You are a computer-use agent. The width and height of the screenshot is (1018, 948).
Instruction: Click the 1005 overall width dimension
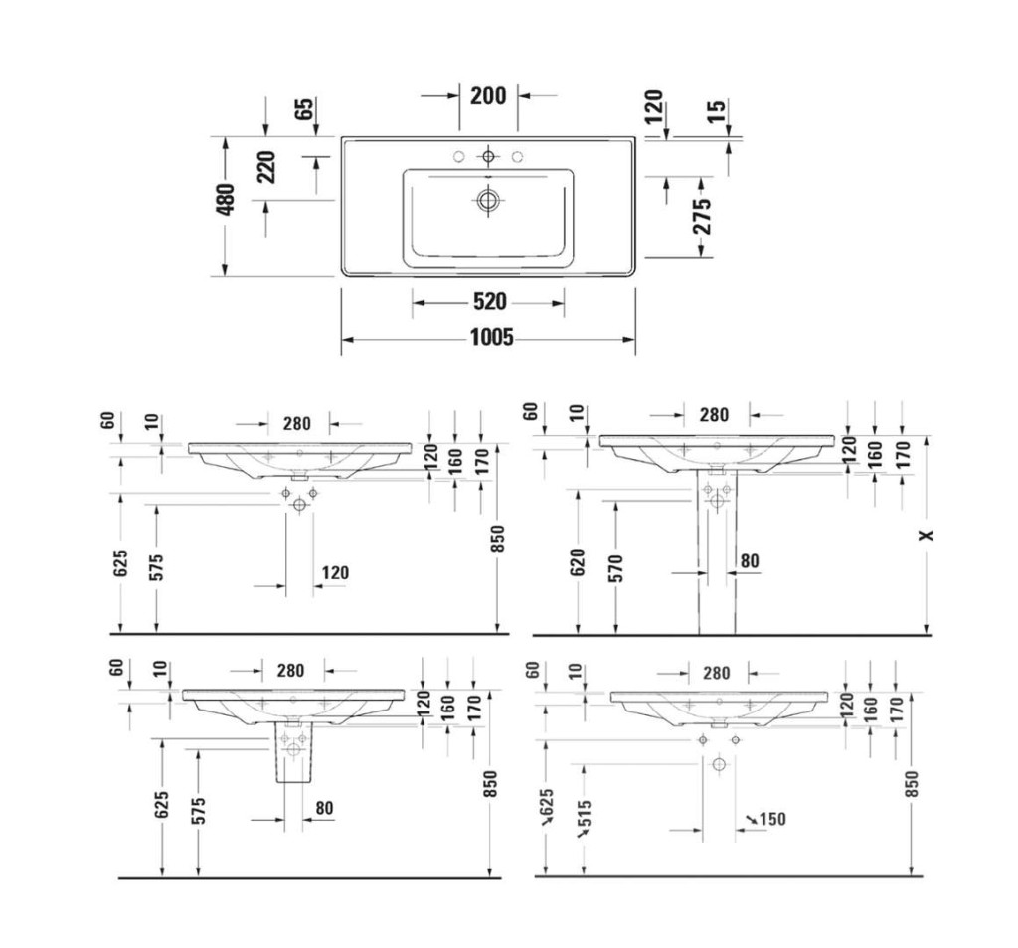tap(491, 338)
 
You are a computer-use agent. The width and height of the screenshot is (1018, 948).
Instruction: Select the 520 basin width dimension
tap(489, 302)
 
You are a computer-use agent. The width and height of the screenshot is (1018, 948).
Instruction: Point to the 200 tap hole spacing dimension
tap(488, 96)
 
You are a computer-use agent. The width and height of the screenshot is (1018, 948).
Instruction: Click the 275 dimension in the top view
tap(701, 215)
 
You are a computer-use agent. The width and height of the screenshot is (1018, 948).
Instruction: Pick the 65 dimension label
tap(304, 108)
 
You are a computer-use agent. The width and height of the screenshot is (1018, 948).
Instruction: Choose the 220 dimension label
tap(266, 167)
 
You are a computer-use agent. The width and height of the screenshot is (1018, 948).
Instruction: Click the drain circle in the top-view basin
tap(487, 200)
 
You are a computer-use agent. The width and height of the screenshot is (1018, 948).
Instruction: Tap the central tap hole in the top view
tap(488, 156)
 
